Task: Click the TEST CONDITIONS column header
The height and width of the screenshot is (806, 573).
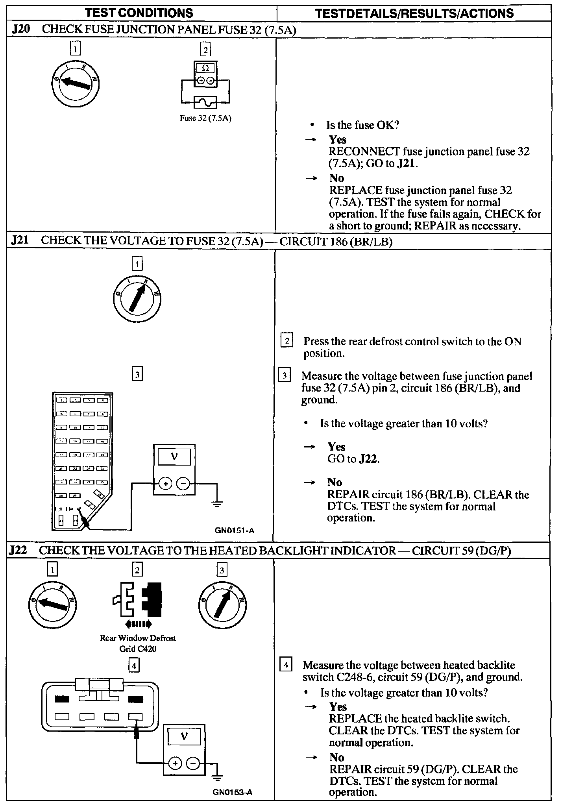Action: [139, 13]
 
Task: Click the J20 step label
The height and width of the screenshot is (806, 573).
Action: [19, 29]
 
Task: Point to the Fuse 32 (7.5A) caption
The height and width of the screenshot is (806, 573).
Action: [205, 118]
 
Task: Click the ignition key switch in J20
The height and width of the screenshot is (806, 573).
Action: [75, 83]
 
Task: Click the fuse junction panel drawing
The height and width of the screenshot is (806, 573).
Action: [82, 461]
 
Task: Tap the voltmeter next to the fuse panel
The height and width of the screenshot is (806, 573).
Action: [174, 470]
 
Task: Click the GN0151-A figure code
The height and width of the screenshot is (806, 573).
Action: [235, 530]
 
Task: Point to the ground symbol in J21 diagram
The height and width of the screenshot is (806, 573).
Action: [216, 503]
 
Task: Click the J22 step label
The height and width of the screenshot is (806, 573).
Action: [18, 550]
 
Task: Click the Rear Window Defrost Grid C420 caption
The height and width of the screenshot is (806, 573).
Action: [138, 643]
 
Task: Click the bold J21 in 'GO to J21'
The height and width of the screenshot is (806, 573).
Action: [406, 163]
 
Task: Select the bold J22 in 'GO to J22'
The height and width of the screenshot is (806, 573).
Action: [368, 459]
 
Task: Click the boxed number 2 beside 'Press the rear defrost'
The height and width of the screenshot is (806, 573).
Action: [287, 340]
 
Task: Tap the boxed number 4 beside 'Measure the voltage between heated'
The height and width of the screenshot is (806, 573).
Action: [285, 665]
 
